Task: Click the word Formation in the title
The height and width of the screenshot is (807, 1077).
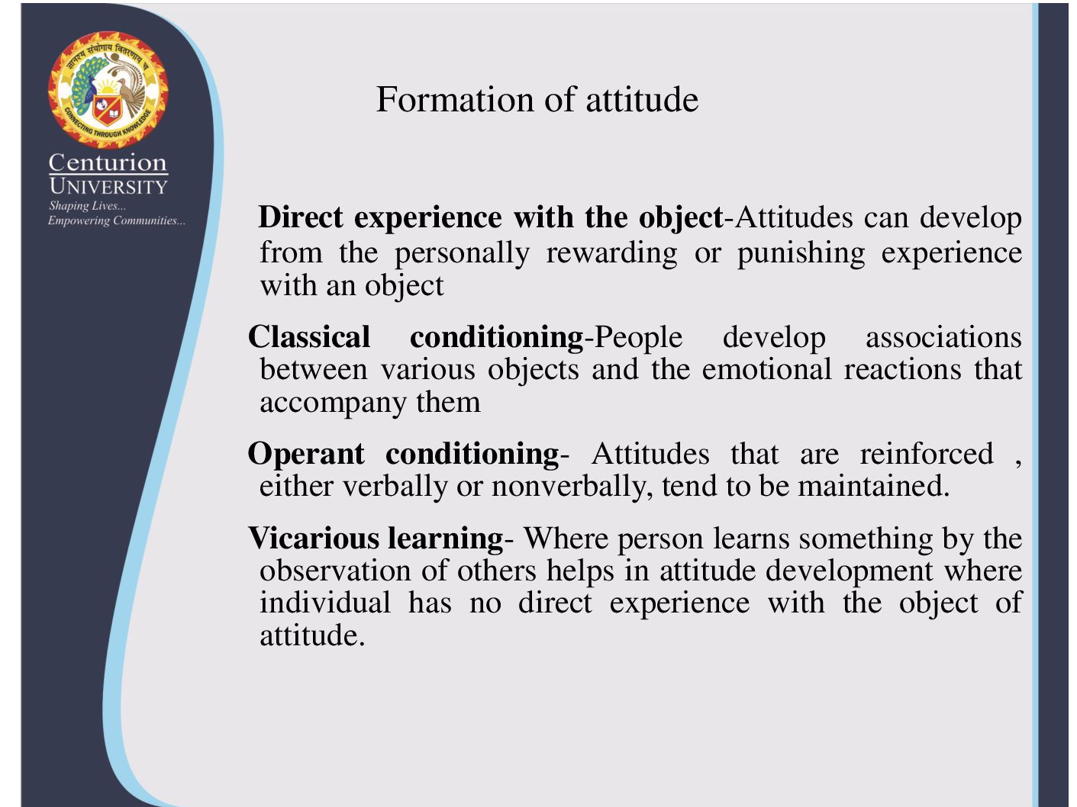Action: coord(455,99)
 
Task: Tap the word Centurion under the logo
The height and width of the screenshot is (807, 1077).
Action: coord(108,162)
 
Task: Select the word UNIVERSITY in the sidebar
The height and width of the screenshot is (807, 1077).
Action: coord(108,186)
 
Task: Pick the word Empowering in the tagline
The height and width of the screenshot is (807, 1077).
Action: coord(79,220)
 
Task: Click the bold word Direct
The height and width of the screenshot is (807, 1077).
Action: coord(300,217)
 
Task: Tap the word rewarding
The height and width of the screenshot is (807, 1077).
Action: coord(611,254)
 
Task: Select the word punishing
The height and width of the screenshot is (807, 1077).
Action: coord(801,254)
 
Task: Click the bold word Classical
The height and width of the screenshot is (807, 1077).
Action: coord(309,337)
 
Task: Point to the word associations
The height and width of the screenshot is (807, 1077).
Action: coord(943,338)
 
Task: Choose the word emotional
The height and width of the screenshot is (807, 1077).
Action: coord(766,369)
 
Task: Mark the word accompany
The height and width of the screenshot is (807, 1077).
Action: coord(333,403)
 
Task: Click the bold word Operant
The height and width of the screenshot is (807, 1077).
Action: coord(306,455)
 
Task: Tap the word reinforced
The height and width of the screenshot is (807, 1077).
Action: coord(927,454)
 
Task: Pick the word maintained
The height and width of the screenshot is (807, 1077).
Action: coord(874,486)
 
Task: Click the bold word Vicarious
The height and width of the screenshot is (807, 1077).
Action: coord(314,539)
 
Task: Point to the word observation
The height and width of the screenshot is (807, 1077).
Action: coord(335,571)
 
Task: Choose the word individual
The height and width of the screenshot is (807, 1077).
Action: coord(325,603)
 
